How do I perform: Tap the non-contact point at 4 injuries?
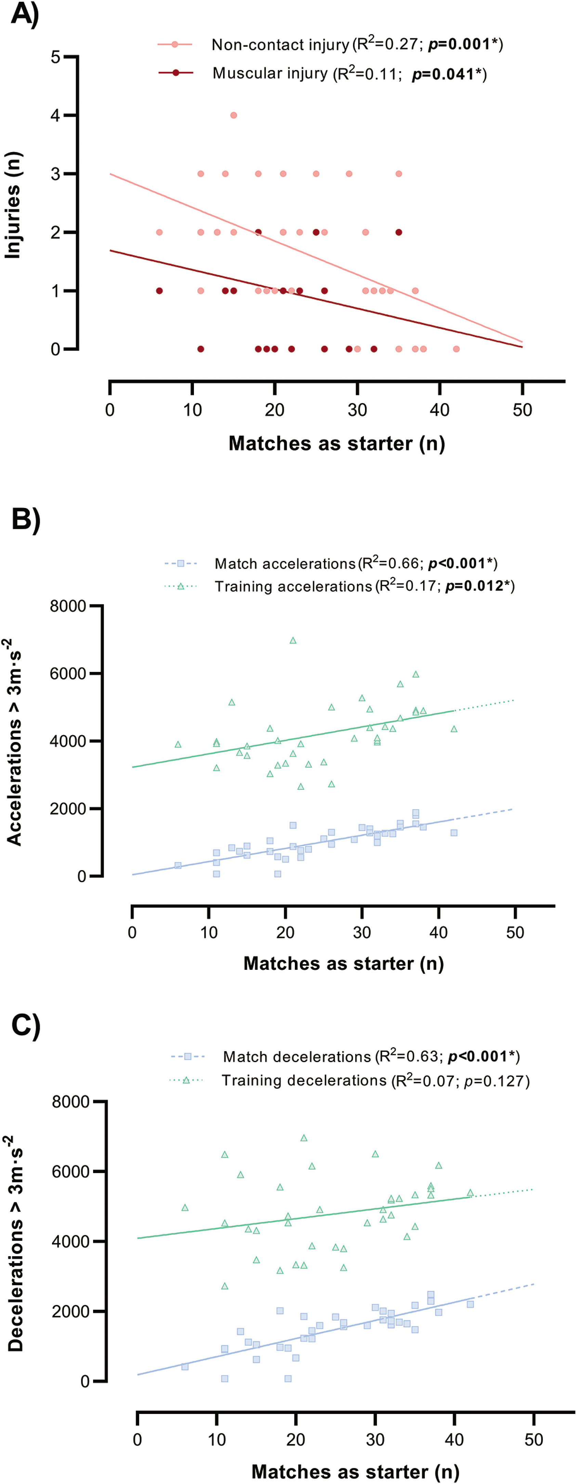tap(234, 115)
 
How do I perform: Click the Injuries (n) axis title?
tap(13, 205)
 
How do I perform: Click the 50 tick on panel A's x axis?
tap(522, 410)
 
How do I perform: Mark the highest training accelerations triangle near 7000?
tap(293, 641)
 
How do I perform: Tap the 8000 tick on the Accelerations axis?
tap(67, 606)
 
